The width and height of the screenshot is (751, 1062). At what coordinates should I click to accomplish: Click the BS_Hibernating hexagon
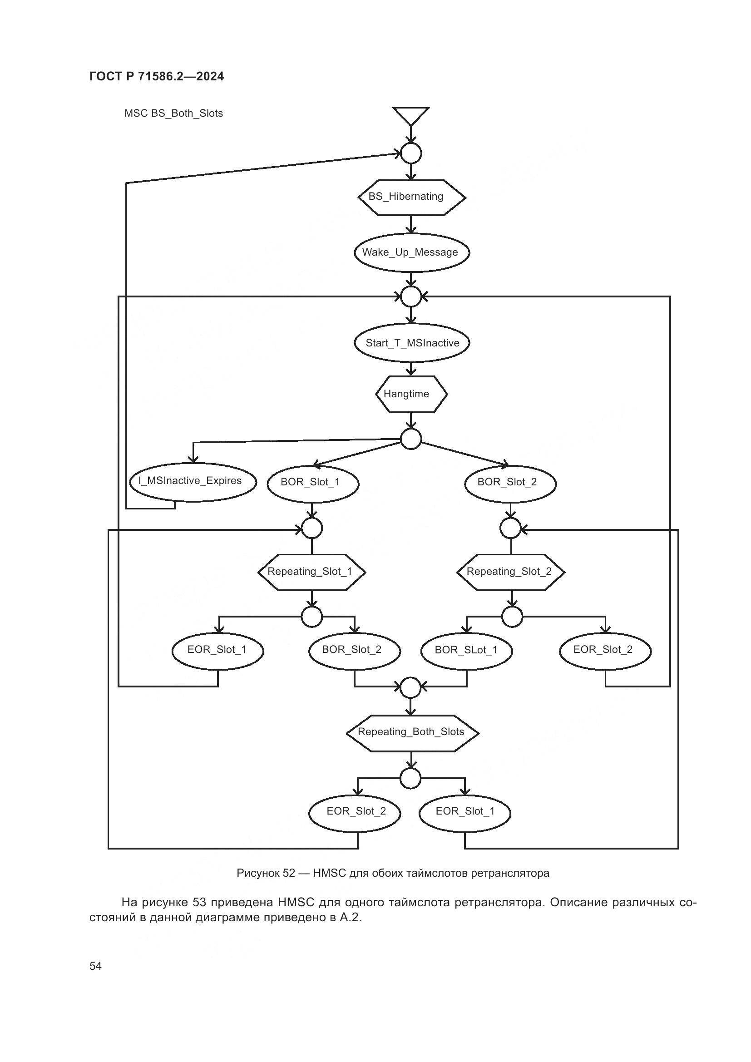411,198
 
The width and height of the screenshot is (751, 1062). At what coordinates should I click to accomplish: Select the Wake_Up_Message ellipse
411,252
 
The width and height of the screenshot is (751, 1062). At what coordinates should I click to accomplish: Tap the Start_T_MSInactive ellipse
411,343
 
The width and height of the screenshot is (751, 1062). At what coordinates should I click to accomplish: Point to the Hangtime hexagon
411,394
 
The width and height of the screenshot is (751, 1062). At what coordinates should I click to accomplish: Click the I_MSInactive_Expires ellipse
192,481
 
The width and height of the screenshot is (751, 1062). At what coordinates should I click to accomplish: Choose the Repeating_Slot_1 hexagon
311,572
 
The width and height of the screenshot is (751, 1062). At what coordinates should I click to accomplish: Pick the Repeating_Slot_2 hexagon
510,572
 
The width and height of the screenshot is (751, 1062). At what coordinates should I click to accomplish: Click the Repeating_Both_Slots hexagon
411,732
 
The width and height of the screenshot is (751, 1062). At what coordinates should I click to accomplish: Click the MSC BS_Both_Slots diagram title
173,114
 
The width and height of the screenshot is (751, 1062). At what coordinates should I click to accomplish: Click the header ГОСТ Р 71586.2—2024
156,77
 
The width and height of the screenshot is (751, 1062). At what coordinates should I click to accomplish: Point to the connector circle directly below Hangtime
410,439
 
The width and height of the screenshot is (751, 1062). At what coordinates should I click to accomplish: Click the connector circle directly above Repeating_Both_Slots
410,688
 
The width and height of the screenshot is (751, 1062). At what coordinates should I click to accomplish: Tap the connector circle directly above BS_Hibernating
410,153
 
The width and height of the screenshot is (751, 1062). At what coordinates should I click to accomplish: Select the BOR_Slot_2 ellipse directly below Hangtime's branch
509,483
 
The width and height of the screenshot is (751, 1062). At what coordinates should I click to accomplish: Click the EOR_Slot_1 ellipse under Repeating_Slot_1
217,650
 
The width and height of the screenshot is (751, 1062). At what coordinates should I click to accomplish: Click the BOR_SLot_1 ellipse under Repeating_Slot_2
466,650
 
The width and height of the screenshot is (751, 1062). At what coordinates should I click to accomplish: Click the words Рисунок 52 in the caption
266,873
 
